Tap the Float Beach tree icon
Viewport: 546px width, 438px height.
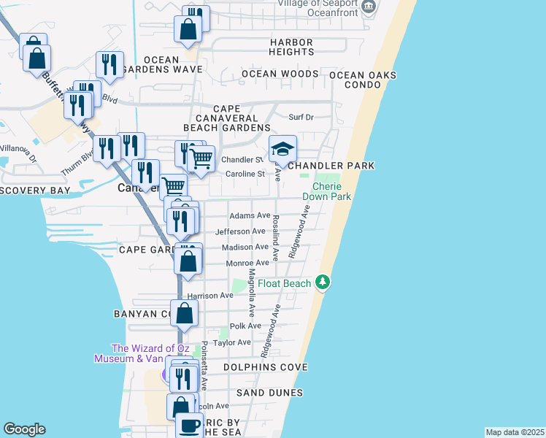point(323,283)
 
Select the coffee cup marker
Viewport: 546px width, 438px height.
point(189,426)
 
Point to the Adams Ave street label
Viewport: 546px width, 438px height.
point(250,216)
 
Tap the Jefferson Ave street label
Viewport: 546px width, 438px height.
point(239,231)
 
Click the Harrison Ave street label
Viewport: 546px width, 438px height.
point(209,296)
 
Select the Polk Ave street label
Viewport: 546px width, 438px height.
point(240,326)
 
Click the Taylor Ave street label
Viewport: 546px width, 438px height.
point(232,342)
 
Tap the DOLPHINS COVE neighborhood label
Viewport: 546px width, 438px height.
point(265,367)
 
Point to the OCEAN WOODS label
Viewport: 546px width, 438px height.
point(280,74)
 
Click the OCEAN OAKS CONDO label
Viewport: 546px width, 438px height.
point(362,80)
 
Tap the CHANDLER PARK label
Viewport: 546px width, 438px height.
point(331,166)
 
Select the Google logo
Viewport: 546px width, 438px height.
point(24,429)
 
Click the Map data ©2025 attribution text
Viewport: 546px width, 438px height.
point(515,432)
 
